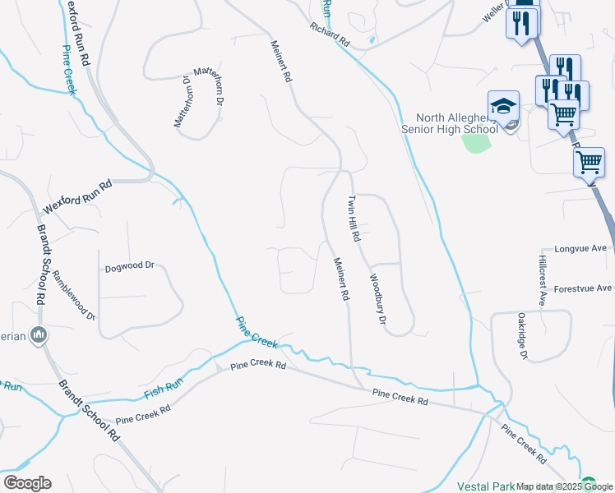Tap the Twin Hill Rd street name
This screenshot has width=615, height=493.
coord(354,219)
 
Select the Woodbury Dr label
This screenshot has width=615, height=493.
coord(377,298)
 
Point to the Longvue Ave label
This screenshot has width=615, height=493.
coord(580,248)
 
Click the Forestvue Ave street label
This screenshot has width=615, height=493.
coord(582,288)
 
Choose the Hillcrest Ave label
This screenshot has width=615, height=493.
coord(543,279)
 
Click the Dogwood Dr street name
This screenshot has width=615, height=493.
coord(130,266)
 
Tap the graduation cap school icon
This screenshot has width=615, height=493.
coord(503,106)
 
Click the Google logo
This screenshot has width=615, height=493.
coord(27,483)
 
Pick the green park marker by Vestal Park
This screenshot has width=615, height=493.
coord(587,482)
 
